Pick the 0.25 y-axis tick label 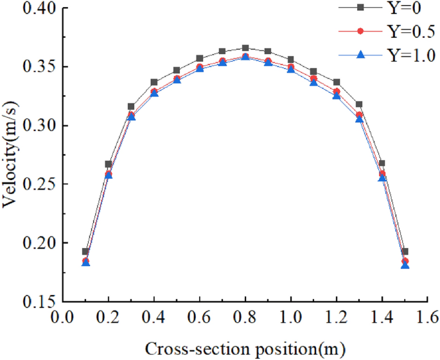35,184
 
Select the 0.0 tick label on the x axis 62,318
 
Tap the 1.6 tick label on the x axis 428,318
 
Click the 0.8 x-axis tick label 245,318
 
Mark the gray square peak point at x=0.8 245,48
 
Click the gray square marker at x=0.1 85,251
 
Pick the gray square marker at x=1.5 405,251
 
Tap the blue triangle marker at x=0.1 85,262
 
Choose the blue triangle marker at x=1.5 405,264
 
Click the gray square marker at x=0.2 109,164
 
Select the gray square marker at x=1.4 382,163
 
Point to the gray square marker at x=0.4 154,82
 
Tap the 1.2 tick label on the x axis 337,318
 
